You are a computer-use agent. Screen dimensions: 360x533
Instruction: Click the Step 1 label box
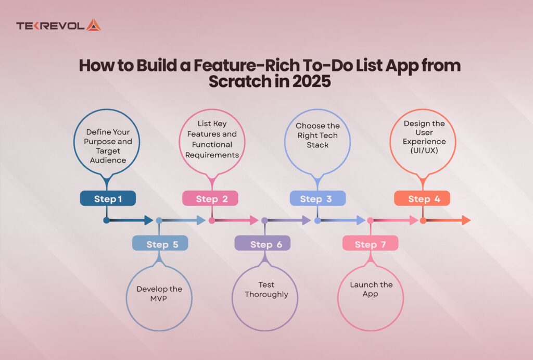108,198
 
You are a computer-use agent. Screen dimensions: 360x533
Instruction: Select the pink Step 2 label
210,198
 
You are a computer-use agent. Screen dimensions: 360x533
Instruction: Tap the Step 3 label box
318,198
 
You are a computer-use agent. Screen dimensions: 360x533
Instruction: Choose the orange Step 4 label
422,198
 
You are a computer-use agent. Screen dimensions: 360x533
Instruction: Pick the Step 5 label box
160,243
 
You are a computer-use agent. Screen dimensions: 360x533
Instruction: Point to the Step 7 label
370,243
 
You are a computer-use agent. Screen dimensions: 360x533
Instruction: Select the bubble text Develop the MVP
159,294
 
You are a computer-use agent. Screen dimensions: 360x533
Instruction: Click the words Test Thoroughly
266,290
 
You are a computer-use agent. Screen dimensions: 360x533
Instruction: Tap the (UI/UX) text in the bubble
425,150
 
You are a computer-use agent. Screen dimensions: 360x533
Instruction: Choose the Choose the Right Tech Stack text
318,135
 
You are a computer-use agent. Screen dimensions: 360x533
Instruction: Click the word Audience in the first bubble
107,160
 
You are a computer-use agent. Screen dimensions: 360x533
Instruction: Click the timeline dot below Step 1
106,220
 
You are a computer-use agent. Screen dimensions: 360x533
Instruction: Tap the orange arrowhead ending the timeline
465,220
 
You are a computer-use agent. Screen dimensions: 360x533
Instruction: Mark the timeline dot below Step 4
423,220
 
